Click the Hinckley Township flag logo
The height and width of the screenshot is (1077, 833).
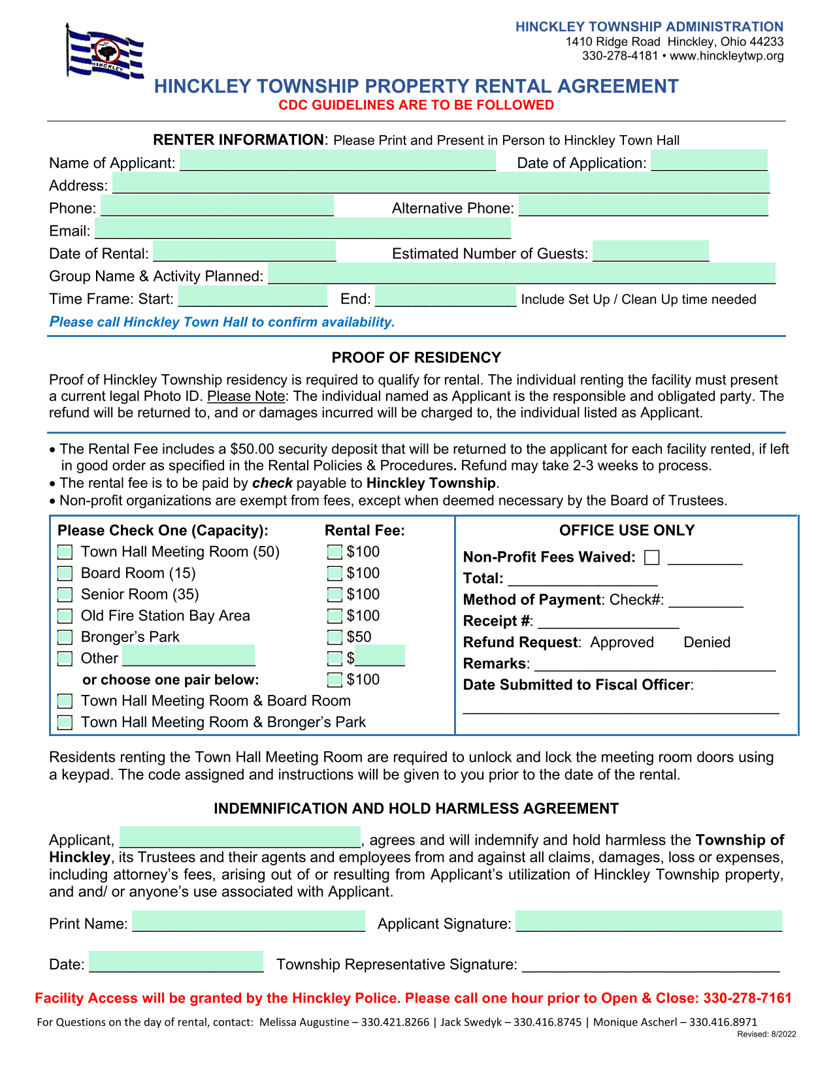[105, 52]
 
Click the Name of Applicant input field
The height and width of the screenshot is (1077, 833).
[338, 161]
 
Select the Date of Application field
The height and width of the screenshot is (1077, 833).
[709, 161]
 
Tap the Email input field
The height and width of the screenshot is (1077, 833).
[302, 229]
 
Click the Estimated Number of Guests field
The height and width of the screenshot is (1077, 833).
[651, 251]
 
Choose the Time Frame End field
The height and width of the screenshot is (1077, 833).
[446, 297]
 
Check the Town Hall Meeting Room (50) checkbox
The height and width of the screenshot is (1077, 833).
[65, 553]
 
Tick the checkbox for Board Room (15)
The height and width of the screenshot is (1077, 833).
[65, 573]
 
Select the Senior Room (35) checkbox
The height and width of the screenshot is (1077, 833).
[65, 595]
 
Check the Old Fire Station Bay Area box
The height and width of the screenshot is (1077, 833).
[65, 616]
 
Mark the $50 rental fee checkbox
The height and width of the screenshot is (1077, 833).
[335, 637]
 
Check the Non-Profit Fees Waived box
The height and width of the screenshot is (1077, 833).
[651, 558]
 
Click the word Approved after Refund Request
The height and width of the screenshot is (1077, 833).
[622, 643]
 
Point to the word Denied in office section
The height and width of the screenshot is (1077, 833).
[707, 643]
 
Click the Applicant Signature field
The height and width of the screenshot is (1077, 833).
[648, 921]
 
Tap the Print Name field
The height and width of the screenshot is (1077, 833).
[248, 921]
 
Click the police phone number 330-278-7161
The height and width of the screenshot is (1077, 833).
[747, 999]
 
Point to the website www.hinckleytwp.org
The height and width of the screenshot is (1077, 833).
[727, 56]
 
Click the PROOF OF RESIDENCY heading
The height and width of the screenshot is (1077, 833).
[416, 358]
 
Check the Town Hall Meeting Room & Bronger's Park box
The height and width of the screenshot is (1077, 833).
[65, 722]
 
